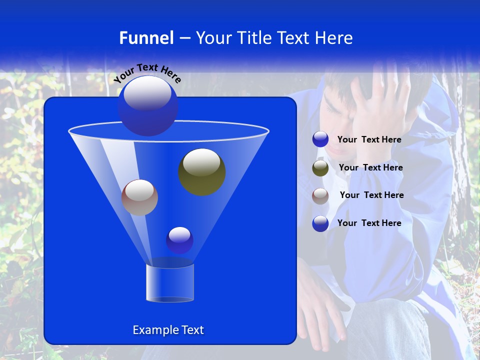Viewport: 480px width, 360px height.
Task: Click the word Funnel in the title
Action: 146,37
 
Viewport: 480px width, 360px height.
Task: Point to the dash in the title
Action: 184,38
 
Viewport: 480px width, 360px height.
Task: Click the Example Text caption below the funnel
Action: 168,330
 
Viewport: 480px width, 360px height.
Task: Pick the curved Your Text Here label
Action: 147,73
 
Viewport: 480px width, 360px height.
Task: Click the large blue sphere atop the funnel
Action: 148,105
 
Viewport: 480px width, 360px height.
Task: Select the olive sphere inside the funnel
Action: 201,171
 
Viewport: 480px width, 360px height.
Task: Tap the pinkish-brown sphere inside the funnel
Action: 139,197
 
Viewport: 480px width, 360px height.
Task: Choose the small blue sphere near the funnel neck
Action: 179,240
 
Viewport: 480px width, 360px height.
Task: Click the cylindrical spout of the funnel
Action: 170,282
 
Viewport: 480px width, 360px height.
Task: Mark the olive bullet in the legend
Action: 320,168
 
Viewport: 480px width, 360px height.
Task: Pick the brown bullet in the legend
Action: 320,195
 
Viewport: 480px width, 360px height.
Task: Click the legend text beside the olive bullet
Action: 370,168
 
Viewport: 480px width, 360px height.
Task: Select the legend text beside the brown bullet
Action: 371,195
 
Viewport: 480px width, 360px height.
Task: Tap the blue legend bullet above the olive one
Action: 320,139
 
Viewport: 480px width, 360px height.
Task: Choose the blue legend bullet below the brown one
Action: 320,223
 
